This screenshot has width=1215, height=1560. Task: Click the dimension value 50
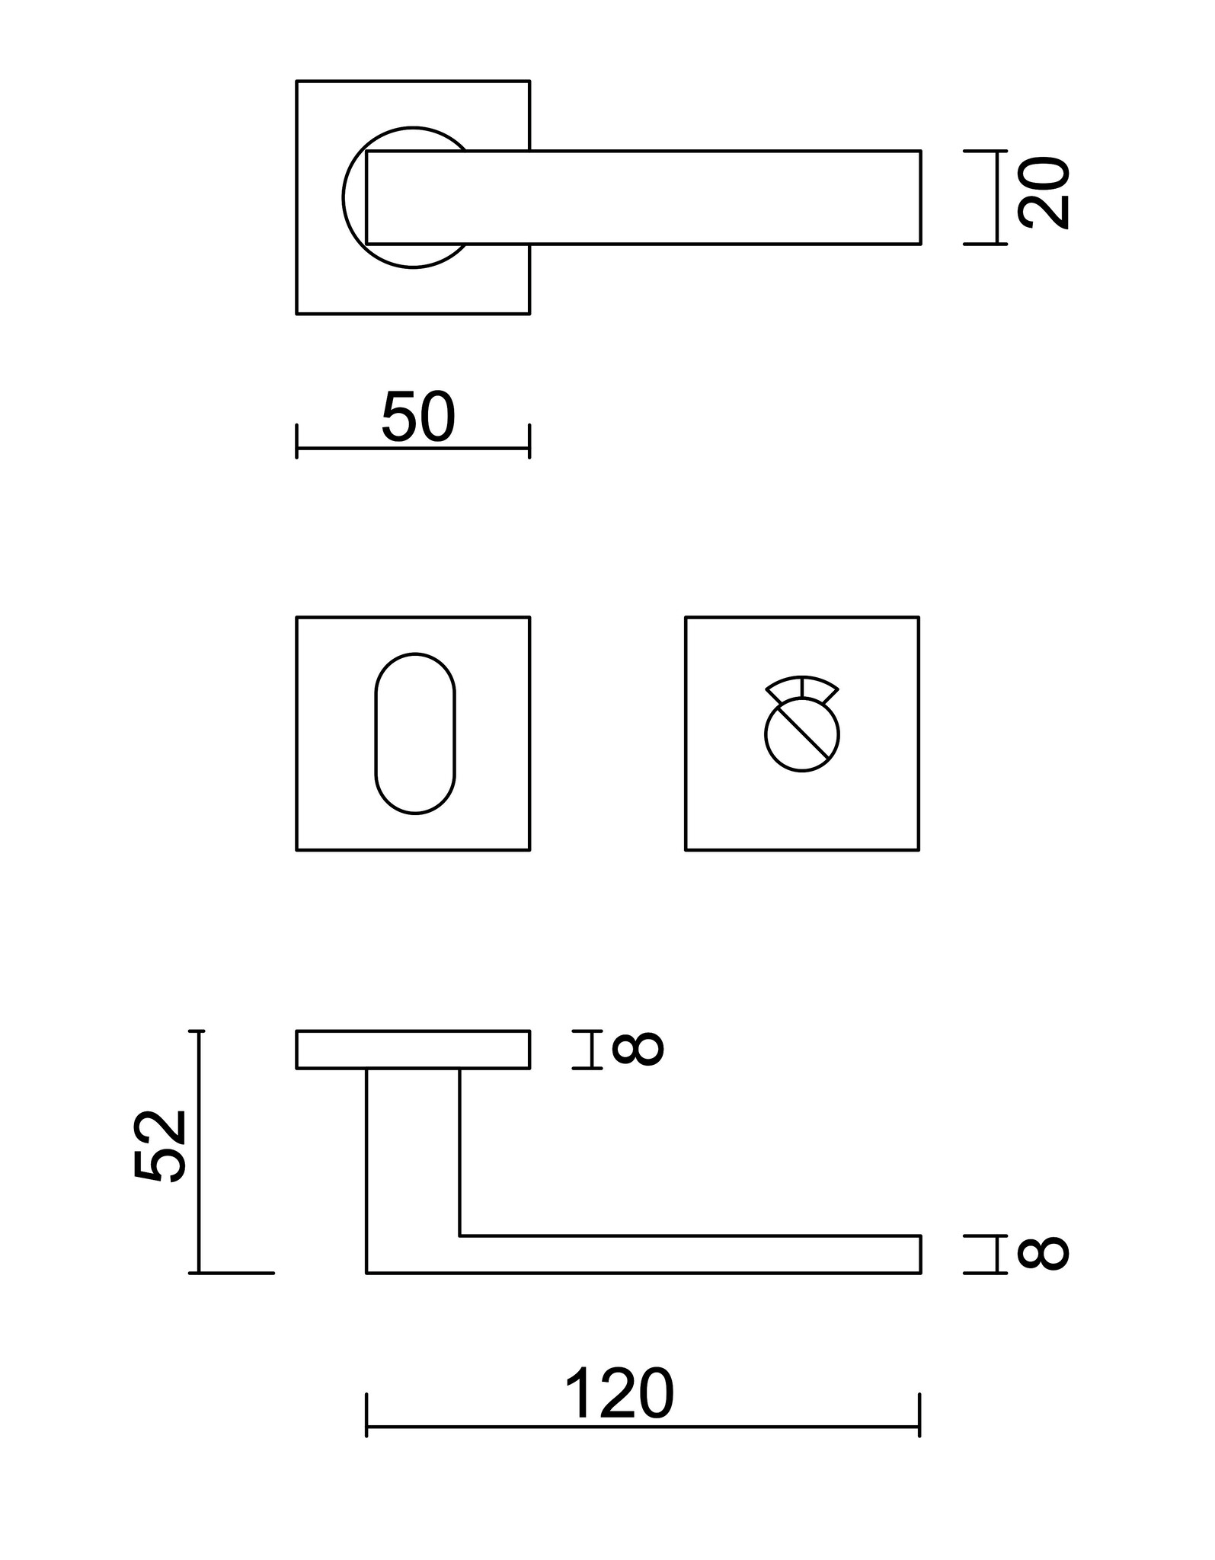(x=418, y=417)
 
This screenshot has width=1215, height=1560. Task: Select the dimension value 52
(x=161, y=1146)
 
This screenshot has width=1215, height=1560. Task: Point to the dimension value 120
(x=619, y=1395)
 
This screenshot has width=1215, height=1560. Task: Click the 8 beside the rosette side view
(x=638, y=1049)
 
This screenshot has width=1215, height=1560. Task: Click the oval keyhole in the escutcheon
(x=415, y=733)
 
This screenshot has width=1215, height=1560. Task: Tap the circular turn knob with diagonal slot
(x=802, y=736)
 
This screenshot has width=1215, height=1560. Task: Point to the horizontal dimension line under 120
(x=643, y=1427)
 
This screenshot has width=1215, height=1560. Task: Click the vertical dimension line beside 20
(x=997, y=197)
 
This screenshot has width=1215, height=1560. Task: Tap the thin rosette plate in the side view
(x=413, y=1050)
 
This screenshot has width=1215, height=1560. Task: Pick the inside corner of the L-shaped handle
(x=460, y=1235)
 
